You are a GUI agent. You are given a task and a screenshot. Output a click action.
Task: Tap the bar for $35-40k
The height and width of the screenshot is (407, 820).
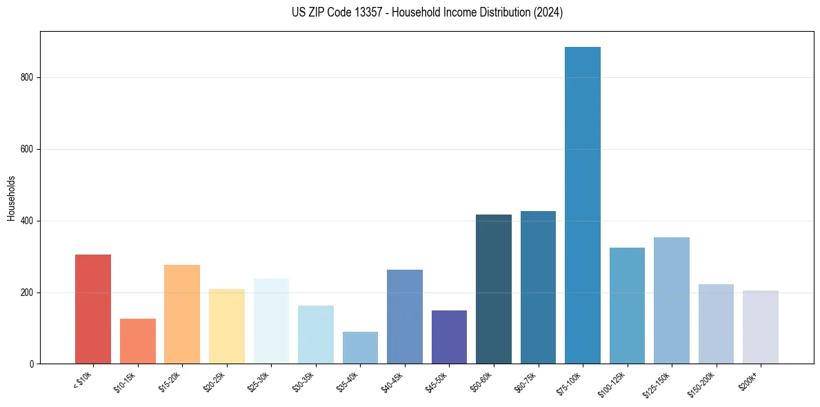point(360,348)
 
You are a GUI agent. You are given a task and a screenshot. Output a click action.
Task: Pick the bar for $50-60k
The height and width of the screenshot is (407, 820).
point(494,289)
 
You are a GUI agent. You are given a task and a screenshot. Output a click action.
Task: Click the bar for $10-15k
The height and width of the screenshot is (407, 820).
point(138,341)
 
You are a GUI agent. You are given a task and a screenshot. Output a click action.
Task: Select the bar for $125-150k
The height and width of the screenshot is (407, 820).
point(672,300)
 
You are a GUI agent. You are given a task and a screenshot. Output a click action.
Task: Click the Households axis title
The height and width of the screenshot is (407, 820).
point(11,197)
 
